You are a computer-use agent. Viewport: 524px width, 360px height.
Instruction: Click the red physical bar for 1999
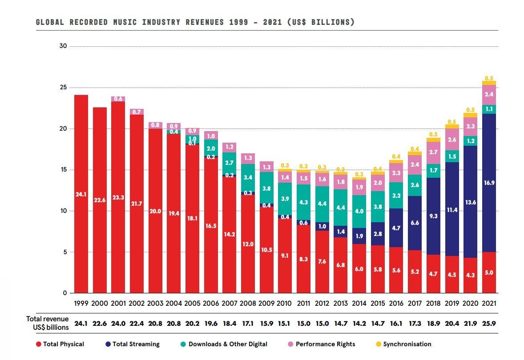[81, 194]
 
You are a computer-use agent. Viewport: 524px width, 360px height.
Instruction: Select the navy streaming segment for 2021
[489, 183]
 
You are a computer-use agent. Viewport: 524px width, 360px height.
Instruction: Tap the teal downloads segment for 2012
[322, 204]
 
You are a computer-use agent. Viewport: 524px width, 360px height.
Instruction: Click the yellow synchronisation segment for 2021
[489, 83]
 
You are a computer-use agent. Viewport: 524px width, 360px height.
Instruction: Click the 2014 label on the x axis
[359, 304]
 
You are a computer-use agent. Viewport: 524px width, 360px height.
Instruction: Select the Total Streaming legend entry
[136, 344]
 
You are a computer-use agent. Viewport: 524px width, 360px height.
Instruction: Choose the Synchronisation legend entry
[407, 344]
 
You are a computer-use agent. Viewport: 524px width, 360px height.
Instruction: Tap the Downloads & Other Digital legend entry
[228, 344]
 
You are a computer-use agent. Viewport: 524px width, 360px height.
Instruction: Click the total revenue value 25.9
[489, 324]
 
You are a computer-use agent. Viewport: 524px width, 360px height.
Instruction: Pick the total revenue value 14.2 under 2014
[359, 324]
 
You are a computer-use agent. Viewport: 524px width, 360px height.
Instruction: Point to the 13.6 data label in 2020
[470, 202]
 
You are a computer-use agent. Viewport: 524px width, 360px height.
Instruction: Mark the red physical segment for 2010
[285, 256]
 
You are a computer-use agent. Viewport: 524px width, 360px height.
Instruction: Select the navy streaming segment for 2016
[396, 228]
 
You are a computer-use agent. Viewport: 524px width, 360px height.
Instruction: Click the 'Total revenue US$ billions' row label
[48, 323]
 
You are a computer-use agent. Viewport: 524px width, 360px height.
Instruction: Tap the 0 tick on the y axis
[65, 293]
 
